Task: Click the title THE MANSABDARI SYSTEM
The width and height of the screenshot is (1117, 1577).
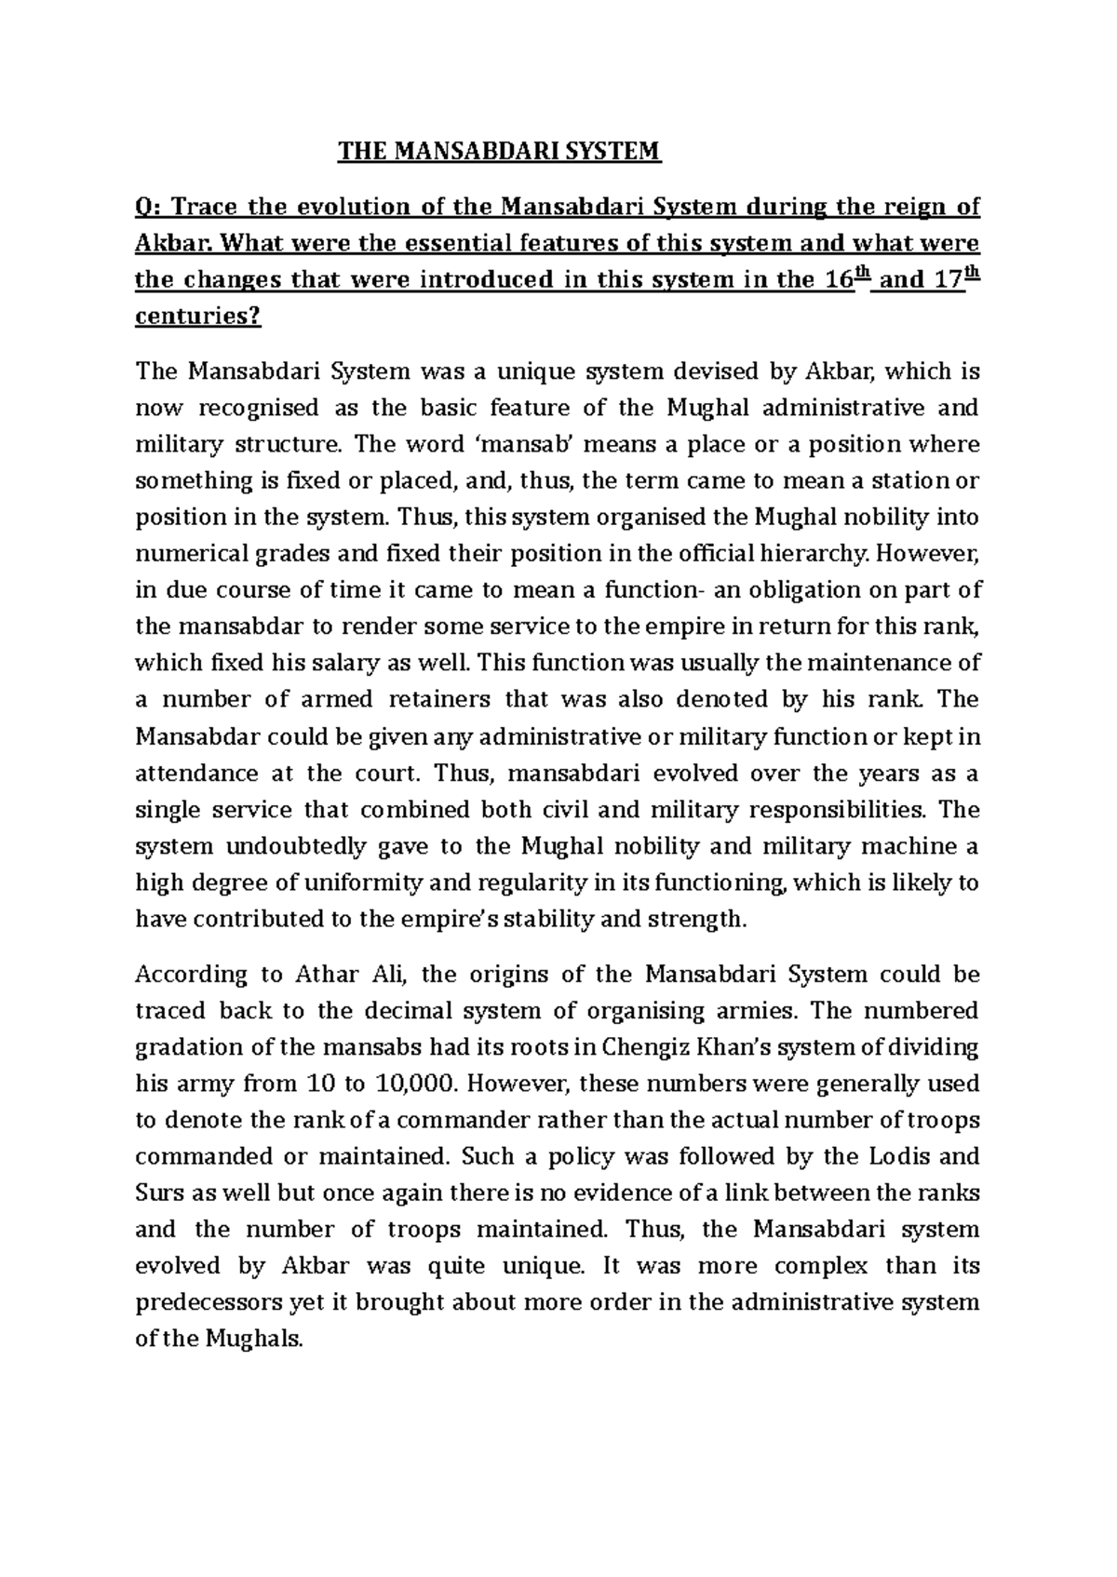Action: pyautogui.click(x=498, y=152)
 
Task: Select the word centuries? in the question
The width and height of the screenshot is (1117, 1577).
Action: pyautogui.click(x=198, y=317)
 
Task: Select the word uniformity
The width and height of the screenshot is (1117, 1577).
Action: pyautogui.click(x=350, y=883)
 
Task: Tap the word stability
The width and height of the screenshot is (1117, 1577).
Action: pyautogui.click(x=549, y=920)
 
